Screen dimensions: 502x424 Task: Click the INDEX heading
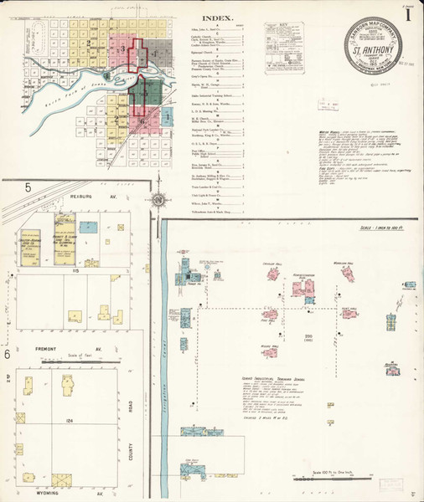pos(217,17)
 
